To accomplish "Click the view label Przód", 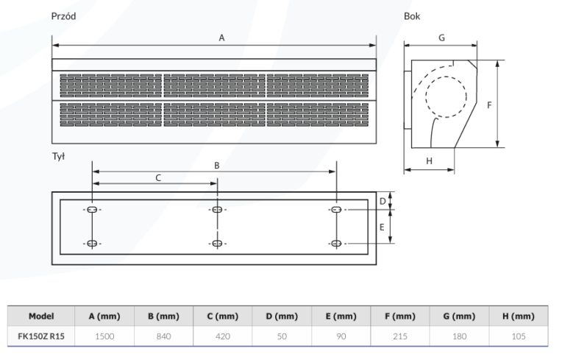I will (x=63, y=15).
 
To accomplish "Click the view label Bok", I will (x=412, y=15).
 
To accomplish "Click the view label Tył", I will (x=59, y=158).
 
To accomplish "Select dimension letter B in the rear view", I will (x=217, y=166).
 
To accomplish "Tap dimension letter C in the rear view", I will (x=157, y=177).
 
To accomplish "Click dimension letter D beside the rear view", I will (x=382, y=200).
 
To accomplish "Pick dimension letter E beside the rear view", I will (x=382, y=227).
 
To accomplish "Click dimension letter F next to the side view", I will (x=489, y=105).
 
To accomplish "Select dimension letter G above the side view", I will (x=441, y=36).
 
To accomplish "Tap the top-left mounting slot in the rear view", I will (x=92, y=210).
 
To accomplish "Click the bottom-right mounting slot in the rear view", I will (x=336, y=243).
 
